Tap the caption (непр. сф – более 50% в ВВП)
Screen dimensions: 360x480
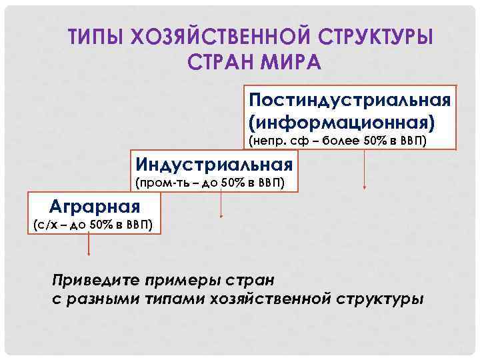347,141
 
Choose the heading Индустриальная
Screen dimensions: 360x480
214,163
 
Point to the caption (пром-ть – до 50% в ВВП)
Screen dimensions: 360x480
210,182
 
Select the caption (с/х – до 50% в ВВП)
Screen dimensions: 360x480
93,224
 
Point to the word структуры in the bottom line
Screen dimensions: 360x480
379,299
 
